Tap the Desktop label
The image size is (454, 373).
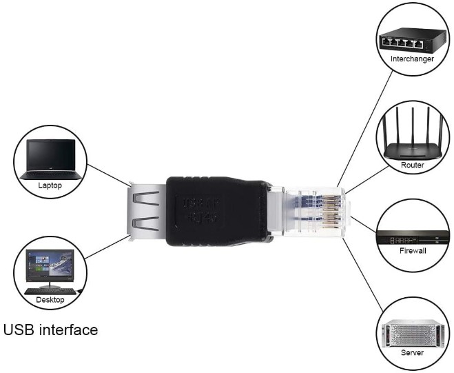pyautogui.click(x=50, y=300)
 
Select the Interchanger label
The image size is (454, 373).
pyautogui.click(x=411, y=59)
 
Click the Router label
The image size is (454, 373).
pyautogui.click(x=412, y=165)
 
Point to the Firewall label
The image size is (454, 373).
pyautogui.click(x=413, y=250)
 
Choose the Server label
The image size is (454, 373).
pyautogui.click(x=412, y=352)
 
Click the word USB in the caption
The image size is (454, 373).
pyautogui.click(x=20, y=330)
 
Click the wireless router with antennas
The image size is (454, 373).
pyautogui.click(x=412, y=141)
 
